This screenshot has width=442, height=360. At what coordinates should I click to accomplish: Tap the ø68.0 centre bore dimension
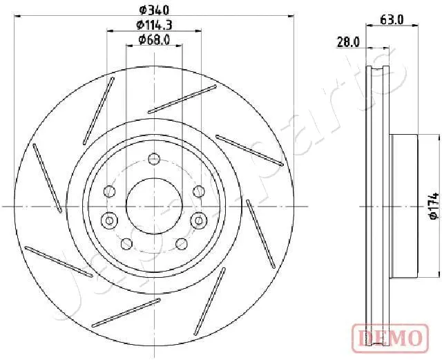click(x=155, y=40)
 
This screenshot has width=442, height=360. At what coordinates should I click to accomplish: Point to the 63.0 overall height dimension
click(x=392, y=21)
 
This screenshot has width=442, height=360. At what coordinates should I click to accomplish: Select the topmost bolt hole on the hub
click(x=154, y=161)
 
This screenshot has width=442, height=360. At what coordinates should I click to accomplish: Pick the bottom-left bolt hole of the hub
click(x=127, y=244)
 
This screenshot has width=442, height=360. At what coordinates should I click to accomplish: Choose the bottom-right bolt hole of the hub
click(x=181, y=244)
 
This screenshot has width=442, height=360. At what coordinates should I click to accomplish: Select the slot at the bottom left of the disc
click(x=126, y=312)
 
